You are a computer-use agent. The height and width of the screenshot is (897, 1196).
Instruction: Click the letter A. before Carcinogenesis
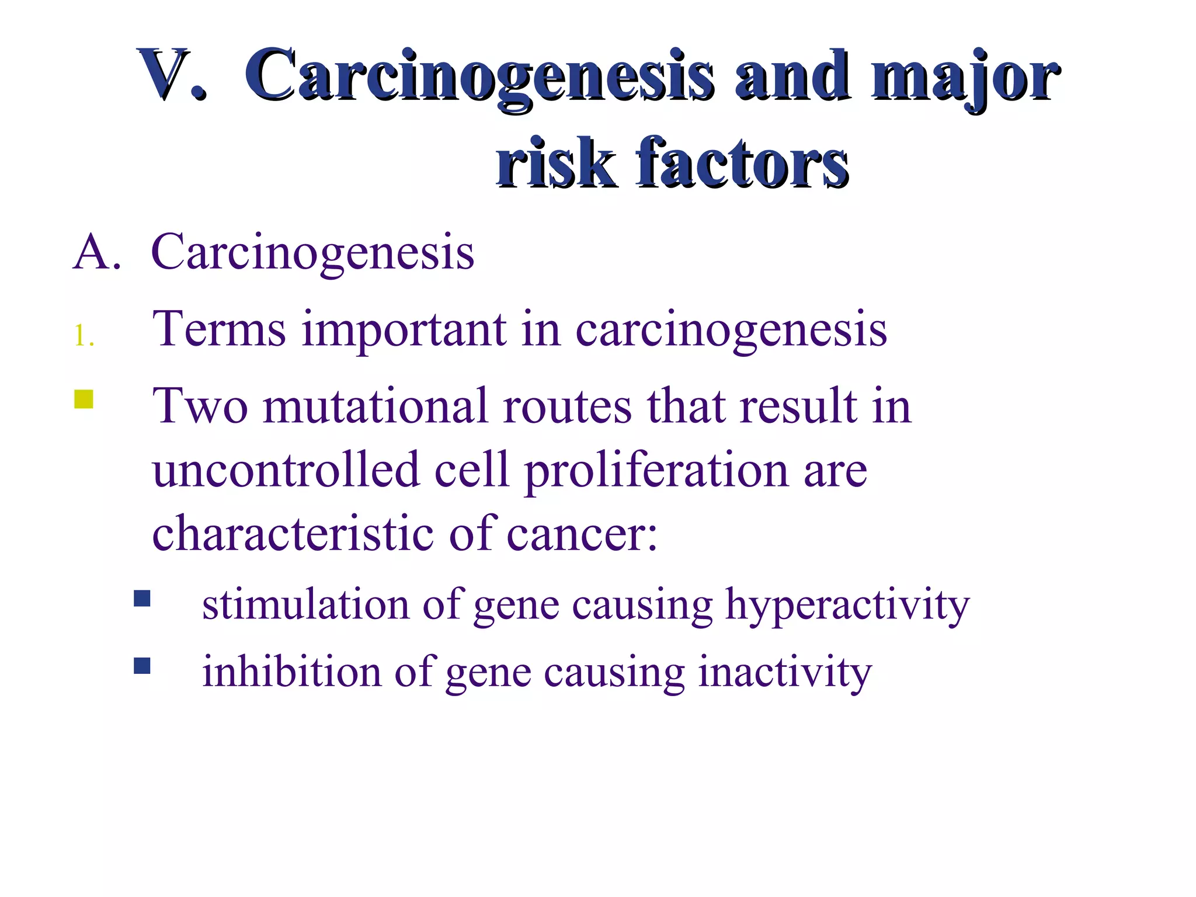tap(97, 252)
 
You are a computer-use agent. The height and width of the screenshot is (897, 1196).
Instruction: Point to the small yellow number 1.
tap(84, 336)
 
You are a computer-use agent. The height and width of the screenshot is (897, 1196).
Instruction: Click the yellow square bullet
tap(84, 399)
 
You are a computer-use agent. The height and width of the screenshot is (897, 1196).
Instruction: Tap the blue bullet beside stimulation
tap(142, 599)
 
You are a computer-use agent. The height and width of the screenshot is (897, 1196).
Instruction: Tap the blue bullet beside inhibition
tap(142, 666)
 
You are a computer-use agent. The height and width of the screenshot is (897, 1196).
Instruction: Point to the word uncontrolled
tap(286, 470)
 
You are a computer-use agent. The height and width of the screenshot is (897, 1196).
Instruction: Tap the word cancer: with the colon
tap(582, 534)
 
